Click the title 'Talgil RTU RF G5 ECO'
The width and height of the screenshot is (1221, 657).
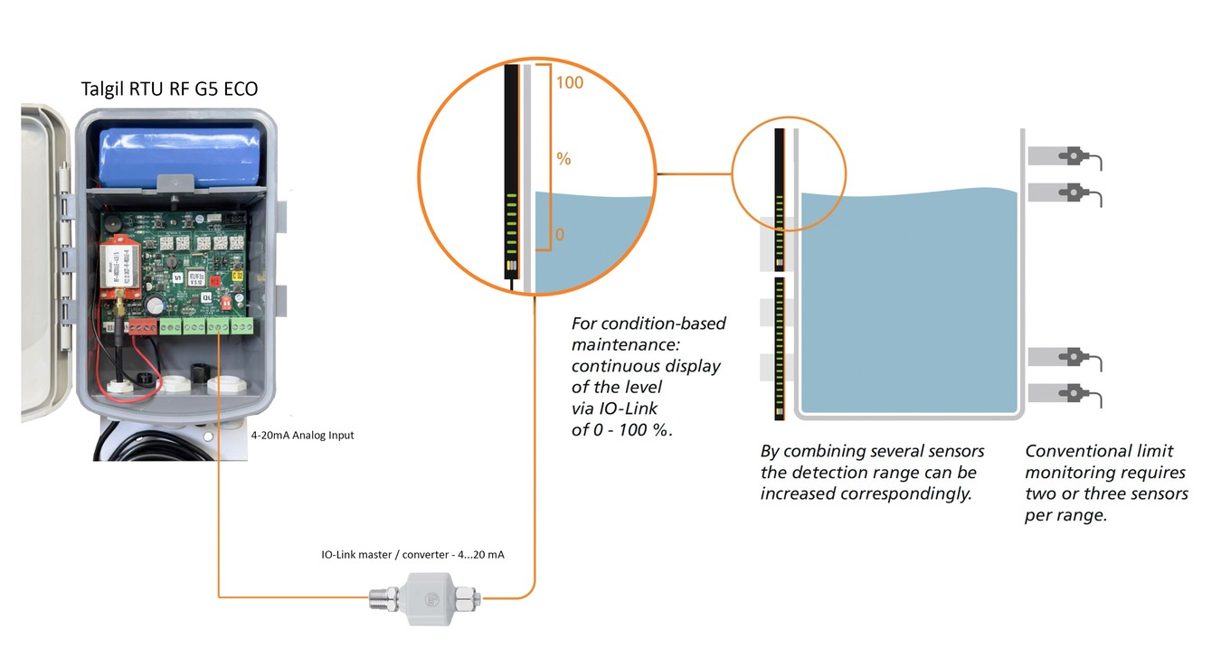click(169, 89)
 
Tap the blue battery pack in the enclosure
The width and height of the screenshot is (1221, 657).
click(180, 157)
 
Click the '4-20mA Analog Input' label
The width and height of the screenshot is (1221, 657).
click(302, 436)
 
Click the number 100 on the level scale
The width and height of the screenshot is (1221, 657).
click(570, 82)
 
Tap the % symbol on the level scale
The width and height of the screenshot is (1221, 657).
click(563, 158)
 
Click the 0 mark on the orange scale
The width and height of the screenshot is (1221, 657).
click(560, 235)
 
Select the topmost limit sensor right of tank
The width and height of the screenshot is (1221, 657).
click(1065, 157)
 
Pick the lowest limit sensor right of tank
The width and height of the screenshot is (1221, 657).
click(1065, 393)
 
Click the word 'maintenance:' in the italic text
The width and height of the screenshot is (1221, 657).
click(625, 345)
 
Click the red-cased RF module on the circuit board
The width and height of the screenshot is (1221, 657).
click(118, 267)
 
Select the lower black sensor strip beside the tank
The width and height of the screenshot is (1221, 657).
click(780, 349)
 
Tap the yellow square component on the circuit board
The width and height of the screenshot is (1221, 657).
click(238, 276)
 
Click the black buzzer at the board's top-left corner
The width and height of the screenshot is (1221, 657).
click(113, 223)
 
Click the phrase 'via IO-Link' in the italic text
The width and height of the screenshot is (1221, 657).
click(614, 408)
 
